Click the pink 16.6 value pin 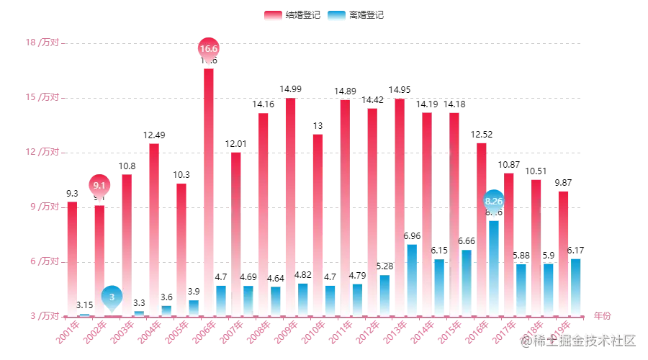[x=208, y=48]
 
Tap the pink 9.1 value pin [x=100, y=185]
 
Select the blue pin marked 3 [x=112, y=296]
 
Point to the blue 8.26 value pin [x=494, y=201]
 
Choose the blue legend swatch [x=335, y=15]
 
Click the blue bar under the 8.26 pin [x=494, y=266]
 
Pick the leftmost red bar [x=72, y=259]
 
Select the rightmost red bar [x=562, y=252]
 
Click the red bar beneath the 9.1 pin [x=99, y=259]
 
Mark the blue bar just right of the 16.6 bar [x=221, y=300]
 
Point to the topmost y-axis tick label [x=44, y=43]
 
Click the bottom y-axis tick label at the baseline [x=44, y=315]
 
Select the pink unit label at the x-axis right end [x=603, y=315]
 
